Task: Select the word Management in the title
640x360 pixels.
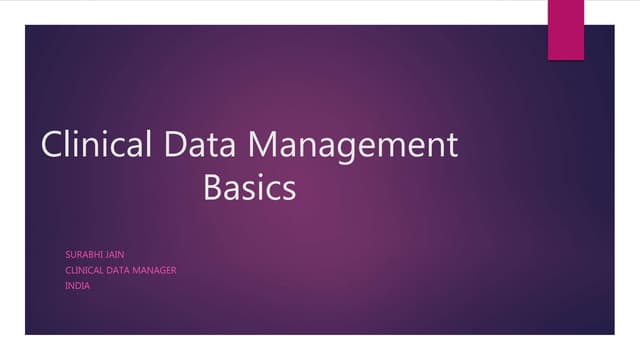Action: tap(353, 147)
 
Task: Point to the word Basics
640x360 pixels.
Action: tap(249, 187)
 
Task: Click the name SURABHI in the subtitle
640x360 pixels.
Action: tap(84, 255)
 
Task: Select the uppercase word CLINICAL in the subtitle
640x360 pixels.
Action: tap(87, 270)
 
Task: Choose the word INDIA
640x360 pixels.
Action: tap(77, 285)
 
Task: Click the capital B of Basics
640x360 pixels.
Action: tap(212, 187)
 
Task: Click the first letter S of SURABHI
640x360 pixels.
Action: tap(67, 255)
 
